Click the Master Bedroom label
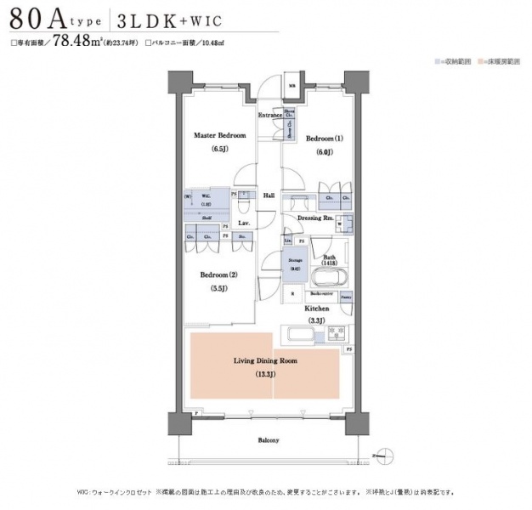click(219, 136)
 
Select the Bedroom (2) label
click(218, 275)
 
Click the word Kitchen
click(317, 308)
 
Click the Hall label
click(269, 195)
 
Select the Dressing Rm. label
click(314, 218)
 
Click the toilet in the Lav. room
click(243, 205)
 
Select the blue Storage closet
click(295, 265)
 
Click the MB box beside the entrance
click(291, 86)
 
